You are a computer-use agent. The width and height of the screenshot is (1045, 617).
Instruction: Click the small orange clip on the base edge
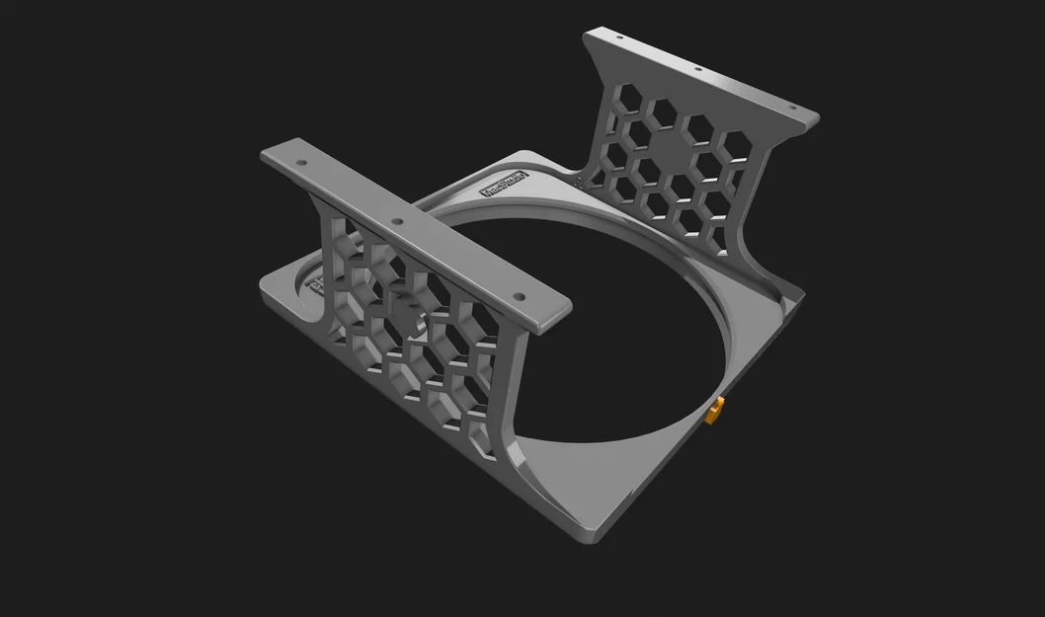[714, 409]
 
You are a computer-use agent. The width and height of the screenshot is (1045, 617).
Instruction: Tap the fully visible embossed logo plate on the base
[504, 186]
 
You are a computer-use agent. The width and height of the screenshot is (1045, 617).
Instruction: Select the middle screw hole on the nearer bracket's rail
[397, 222]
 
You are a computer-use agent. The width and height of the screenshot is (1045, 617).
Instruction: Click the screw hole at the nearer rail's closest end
[516, 294]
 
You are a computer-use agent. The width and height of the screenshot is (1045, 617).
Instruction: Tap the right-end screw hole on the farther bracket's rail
[790, 109]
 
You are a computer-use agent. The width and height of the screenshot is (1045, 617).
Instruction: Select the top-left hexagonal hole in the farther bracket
[621, 96]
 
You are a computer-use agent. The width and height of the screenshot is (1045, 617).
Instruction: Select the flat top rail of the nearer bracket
[415, 237]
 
